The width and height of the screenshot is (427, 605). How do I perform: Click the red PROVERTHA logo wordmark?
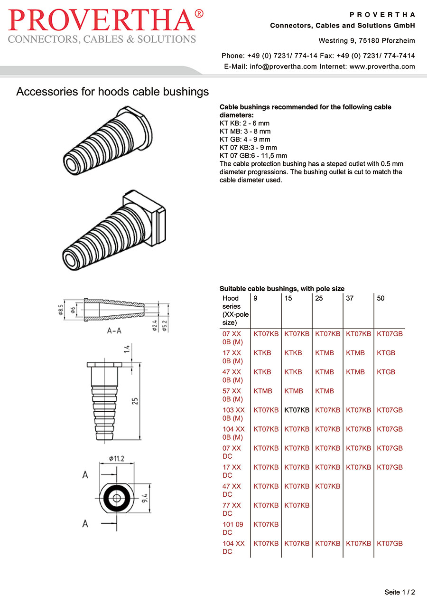[x=106, y=21]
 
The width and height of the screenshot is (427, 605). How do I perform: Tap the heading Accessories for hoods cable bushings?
[x=112, y=92]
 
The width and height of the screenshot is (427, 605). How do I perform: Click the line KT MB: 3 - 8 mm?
[x=245, y=131]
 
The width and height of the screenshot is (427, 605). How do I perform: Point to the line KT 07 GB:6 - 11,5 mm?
[x=253, y=155]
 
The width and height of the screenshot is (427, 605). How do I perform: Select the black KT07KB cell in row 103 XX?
[x=297, y=410]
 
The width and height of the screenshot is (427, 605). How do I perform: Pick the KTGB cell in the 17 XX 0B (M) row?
[x=386, y=353]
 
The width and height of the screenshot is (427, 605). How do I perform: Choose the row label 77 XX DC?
[x=232, y=509]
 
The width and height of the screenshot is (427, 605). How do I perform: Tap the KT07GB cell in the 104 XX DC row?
[x=390, y=543]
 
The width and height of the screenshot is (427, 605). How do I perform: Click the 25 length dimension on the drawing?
[x=135, y=401]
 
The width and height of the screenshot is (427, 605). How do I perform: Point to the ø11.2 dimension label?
[x=116, y=458]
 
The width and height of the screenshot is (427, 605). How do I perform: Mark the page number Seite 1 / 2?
[x=399, y=592]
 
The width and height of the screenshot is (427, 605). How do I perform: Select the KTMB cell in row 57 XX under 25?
[x=325, y=391]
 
